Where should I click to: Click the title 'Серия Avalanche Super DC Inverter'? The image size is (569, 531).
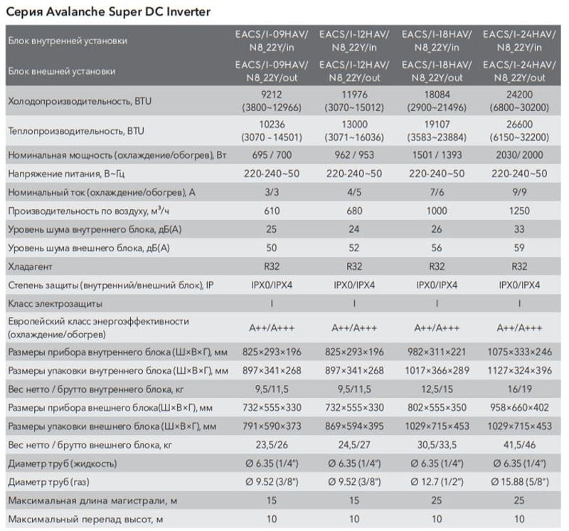(x=108, y=11)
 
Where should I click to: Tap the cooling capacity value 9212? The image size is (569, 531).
(x=272, y=95)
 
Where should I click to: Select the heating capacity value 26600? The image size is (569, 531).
(x=519, y=125)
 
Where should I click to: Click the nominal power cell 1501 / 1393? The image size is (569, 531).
(x=437, y=155)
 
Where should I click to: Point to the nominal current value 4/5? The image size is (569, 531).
(x=354, y=192)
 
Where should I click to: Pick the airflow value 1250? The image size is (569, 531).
(x=519, y=211)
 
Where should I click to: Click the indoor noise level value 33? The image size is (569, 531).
(x=519, y=229)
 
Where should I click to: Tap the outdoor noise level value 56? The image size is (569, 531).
(x=437, y=248)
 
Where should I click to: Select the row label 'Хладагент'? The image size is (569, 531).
(x=30, y=267)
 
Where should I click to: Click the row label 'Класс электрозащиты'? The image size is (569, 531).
(x=55, y=304)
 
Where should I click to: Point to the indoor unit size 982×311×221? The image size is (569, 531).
(x=437, y=352)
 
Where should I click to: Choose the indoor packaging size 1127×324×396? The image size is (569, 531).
(x=519, y=370)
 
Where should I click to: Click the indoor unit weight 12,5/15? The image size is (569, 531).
(x=437, y=389)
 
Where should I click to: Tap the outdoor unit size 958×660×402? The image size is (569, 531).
(x=519, y=408)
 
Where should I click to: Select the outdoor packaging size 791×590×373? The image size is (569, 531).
(x=272, y=426)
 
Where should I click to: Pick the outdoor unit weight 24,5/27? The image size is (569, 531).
(x=354, y=445)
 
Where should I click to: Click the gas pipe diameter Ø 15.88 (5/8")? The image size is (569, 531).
(x=520, y=482)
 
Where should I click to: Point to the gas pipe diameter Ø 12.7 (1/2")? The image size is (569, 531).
(x=437, y=482)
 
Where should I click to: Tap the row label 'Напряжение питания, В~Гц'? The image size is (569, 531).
(x=66, y=174)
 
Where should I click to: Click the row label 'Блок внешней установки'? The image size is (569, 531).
(x=62, y=71)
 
